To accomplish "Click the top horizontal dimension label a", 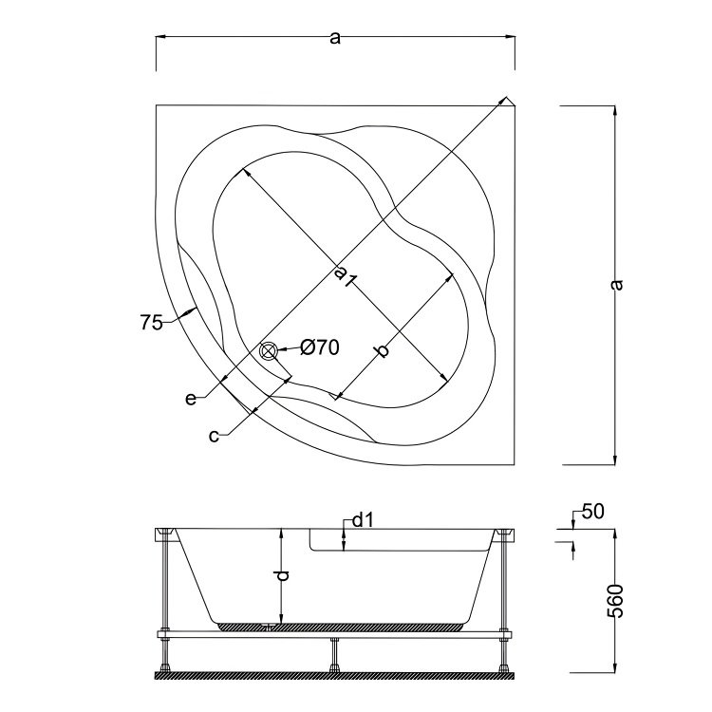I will click(x=334, y=38).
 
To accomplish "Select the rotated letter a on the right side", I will click(x=618, y=284).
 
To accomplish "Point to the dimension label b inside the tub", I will click(x=382, y=352).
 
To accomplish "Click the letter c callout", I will click(x=215, y=435).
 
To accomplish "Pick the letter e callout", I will click(x=191, y=399).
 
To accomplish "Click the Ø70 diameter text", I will click(x=320, y=348).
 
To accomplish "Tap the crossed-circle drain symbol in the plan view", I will click(x=269, y=352).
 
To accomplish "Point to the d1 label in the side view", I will click(x=361, y=520).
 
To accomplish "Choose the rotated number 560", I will click(x=618, y=601).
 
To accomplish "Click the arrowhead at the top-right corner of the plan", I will click(x=509, y=102).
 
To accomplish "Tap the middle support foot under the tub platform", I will click(x=334, y=654).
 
